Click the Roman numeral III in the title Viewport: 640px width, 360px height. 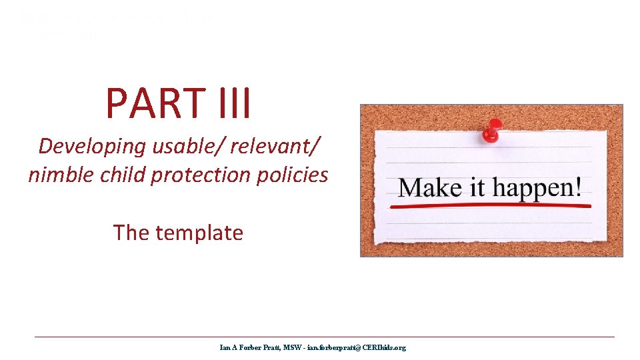pos(230,103)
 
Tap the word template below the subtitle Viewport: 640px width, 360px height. pos(199,233)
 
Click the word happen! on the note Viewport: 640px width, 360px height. pos(537,188)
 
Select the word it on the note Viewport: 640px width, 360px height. pos(476,187)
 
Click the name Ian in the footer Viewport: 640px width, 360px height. pos(225,347)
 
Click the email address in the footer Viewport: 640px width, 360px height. pos(356,347)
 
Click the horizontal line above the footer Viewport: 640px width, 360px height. pos(325,337)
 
